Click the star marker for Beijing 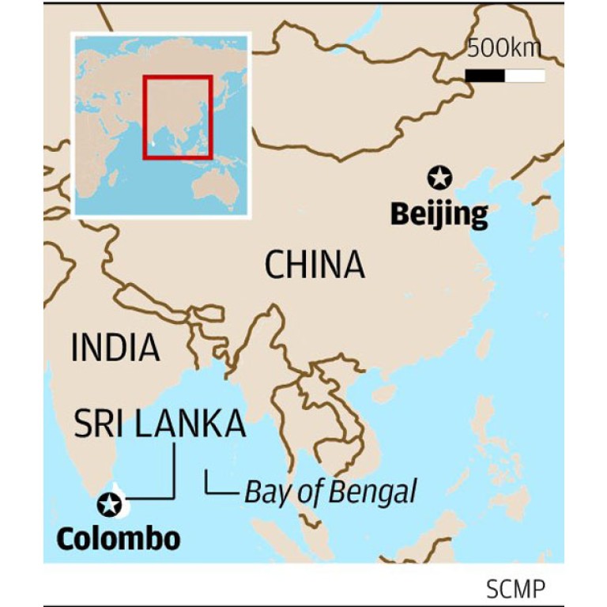pos(439,178)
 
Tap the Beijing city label pos(439,213)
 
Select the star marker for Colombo pos(109,503)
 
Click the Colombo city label pos(119,539)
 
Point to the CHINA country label pos(315,265)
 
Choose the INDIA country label pos(115,348)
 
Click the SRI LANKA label pos(160,424)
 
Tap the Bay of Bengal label pos(330,492)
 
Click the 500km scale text pos(504,49)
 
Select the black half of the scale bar pos(484,76)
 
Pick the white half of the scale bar pos(525,76)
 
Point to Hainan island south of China pos(384,392)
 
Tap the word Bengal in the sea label pos(371,492)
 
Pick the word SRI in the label pos(98,424)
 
